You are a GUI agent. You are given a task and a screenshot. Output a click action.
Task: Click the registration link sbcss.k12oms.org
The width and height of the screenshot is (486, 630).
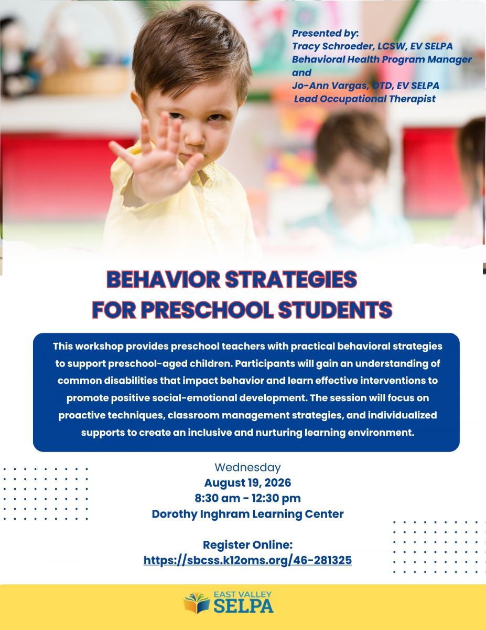coord(247,560)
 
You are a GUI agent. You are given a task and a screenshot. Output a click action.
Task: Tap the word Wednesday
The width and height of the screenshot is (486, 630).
coord(247,467)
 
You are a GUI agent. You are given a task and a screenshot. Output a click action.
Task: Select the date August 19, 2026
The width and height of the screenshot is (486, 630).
coord(247,482)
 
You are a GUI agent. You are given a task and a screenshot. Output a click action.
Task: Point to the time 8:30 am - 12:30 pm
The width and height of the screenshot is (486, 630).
coord(247,498)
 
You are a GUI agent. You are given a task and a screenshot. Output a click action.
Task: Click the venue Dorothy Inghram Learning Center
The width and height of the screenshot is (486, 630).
coord(247,514)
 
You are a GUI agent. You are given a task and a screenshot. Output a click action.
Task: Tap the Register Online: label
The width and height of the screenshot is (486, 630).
coord(247,544)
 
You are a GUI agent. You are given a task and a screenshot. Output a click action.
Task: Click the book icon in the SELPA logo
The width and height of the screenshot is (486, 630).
coord(197,603)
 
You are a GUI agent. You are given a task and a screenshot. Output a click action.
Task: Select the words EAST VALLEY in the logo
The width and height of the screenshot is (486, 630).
coord(243,595)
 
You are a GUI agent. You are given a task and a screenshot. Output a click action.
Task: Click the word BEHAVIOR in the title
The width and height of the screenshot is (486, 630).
coord(163,279)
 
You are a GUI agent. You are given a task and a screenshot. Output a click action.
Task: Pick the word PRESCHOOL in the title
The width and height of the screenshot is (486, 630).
coord(207,310)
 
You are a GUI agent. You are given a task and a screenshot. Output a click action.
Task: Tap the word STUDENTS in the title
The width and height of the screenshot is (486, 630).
coord(335,310)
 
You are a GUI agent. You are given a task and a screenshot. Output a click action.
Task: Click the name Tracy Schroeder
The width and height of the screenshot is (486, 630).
coord(331,46)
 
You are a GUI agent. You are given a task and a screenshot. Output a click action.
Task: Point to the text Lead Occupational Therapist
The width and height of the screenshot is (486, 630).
coord(365,99)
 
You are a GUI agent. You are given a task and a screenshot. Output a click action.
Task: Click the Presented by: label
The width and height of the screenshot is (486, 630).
coord(326,34)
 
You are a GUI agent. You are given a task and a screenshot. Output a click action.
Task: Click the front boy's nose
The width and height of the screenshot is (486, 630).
coord(195,136)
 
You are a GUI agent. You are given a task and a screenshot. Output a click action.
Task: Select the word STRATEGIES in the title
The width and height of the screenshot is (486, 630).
coord(291,279)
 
